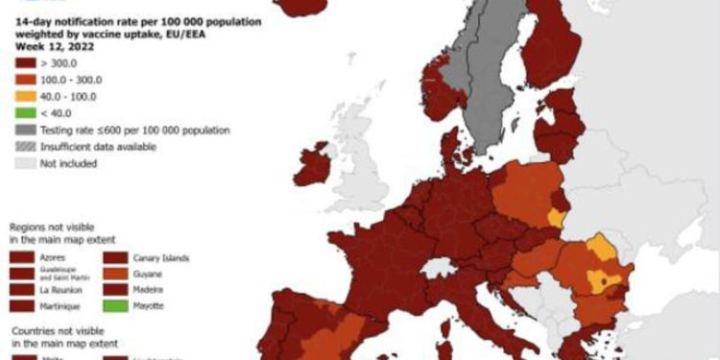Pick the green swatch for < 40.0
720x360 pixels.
(x=26, y=111)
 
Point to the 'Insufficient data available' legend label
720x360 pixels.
(x=97, y=147)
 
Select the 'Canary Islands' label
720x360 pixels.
(x=162, y=258)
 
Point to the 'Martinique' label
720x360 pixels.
(x=63, y=305)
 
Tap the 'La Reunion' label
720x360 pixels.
(x=62, y=289)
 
